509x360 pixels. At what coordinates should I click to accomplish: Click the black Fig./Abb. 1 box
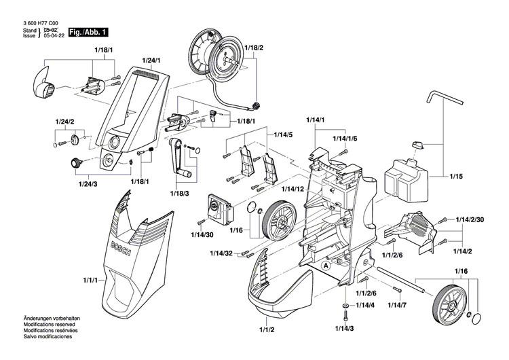point(83,32)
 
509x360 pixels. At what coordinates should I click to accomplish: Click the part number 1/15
point(455,176)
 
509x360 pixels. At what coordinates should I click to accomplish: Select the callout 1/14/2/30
point(470,219)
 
